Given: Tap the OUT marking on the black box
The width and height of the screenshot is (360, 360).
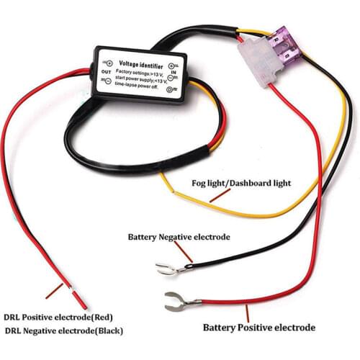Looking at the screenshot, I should point(106,72).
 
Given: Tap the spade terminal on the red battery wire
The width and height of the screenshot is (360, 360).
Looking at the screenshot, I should point(174,301).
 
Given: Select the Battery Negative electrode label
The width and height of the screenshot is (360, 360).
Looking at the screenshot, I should point(179,236).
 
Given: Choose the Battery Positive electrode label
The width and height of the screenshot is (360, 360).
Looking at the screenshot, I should point(258,328).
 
